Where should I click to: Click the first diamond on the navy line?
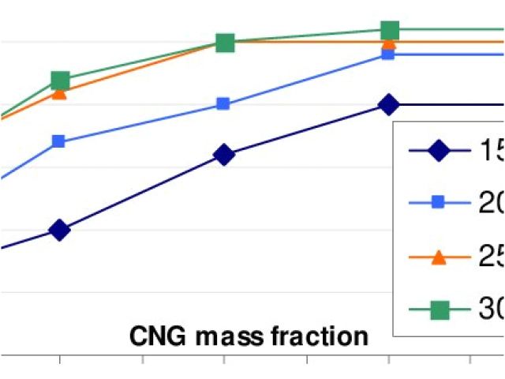(59, 231)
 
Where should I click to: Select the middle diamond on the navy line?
(224, 155)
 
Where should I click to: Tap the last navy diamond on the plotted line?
(388, 104)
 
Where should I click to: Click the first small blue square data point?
(58, 142)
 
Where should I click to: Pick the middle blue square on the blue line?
(223, 103)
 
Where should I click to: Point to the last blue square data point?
(388, 54)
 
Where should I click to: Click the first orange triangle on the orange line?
(59, 92)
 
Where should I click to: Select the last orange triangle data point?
(388, 43)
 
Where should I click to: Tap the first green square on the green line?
(60, 80)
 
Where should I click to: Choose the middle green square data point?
(225, 43)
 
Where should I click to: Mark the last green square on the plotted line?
(389, 31)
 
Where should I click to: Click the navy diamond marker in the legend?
(440, 150)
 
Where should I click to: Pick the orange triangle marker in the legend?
(440, 257)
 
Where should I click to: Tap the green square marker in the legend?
(440, 311)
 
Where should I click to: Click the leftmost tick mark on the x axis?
(59, 361)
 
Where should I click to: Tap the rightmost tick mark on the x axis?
(471, 361)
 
